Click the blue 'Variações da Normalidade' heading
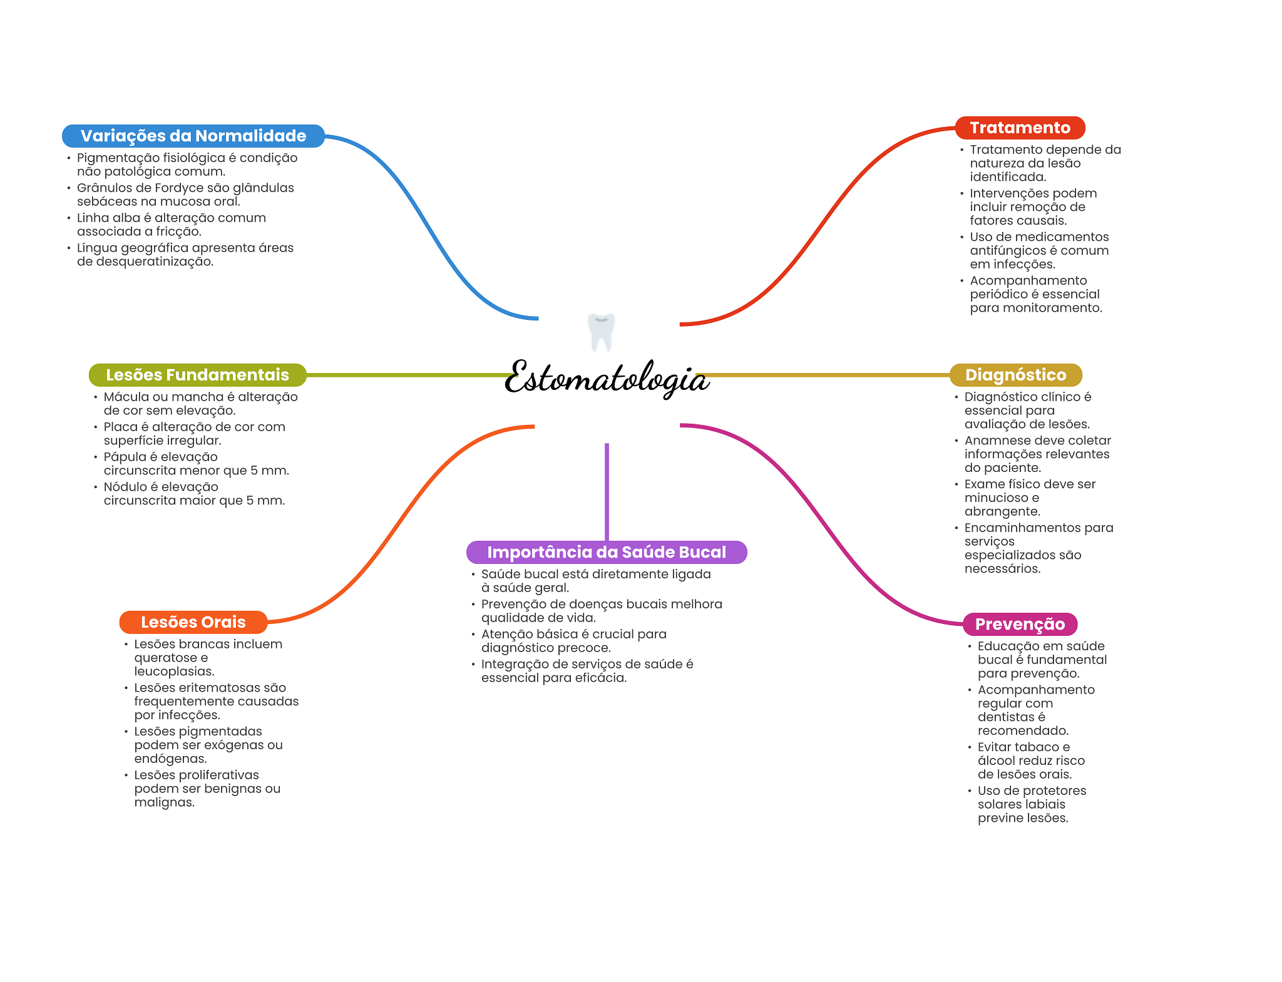pos(193,136)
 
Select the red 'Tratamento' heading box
pos(1019,128)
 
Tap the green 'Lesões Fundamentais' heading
pos(197,375)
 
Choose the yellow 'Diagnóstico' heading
pos(1015,375)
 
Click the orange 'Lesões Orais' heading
pos(193,622)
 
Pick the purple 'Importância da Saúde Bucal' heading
pos(606,552)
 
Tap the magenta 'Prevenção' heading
pos(1019,624)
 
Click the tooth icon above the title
pos(601,332)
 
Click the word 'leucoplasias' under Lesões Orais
pos(173,672)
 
